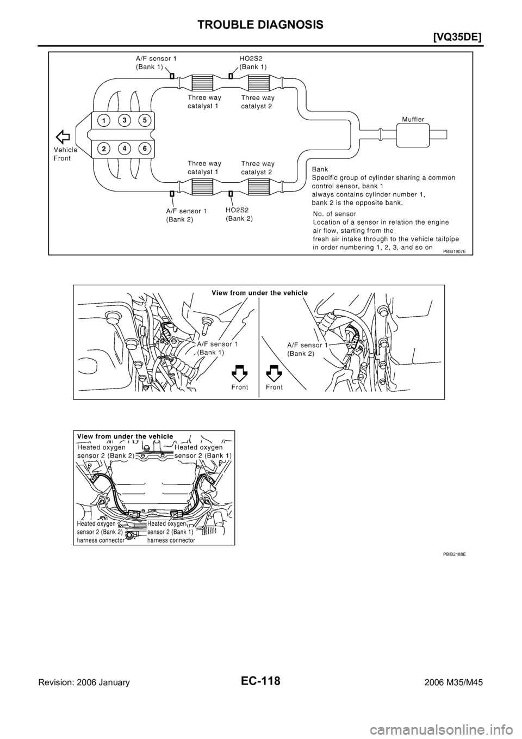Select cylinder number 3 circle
click(x=125, y=120)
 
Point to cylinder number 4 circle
click(x=125, y=148)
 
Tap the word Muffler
click(x=414, y=118)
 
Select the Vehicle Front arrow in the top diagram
click(x=64, y=136)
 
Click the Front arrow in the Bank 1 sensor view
click(x=239, y=372)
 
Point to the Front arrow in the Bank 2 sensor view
click(x=274, y=372)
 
